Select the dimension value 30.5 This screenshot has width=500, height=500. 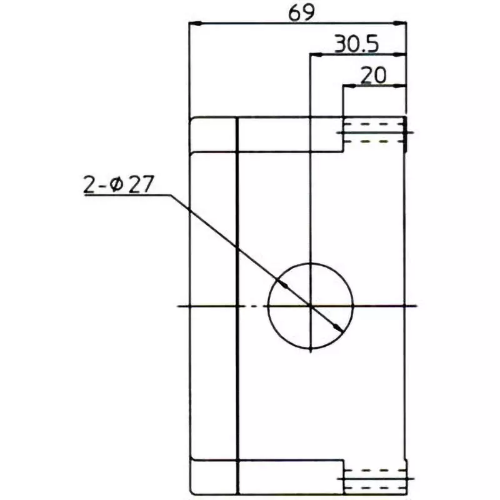[356, 44]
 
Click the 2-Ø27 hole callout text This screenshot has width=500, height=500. [118, 186]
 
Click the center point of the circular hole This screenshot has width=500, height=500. [311, 306]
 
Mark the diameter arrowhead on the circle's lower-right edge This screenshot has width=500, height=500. [338, 328]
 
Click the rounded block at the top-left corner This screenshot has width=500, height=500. [213, 134]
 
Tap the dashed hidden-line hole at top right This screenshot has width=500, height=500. [374, 132]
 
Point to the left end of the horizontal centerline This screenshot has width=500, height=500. [180, 306]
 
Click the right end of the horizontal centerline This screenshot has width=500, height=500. [415, 306]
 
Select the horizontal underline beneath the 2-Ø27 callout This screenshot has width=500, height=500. [125, 196]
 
